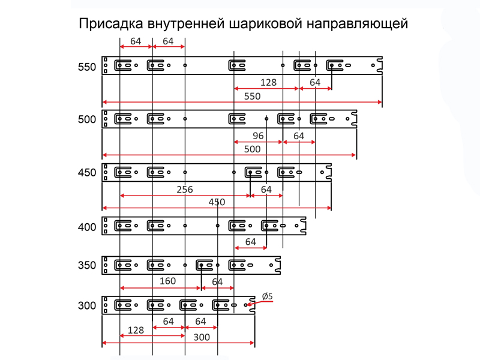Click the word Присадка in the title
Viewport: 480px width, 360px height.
pyautogui.click(x=111, y=24)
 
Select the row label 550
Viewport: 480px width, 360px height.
pyautogui.click(x=87, y=67)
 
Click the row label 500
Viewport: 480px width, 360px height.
pyautogui.click(x=87, y=119)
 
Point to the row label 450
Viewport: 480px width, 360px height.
pyautogui.click(x=87, y=173)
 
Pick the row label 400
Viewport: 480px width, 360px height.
pyautogui.click(x=87, y=227)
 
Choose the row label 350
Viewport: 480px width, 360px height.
pyautogui.click(x=87, y=265)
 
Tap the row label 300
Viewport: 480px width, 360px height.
pyautogui.click(x=87, y=305)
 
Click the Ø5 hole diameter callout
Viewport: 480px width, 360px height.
pyautogui.click(x=267, y=296)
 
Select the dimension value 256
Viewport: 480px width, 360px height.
pyautogui.click(x=185, y=190)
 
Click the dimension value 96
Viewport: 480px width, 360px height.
pyautogui.click(x=258, y=136)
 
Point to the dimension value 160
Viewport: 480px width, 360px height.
pyautogui.click(x=167, y=281)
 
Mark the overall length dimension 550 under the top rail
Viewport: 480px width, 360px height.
pyautogui.click(x=252, y=97)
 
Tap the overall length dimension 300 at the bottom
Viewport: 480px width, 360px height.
pyautogui.click(x=202, y=337)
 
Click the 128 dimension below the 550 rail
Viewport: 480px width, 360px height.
pyautogui.click(x=268, y=82)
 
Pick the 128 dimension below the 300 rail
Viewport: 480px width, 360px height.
pyautogui.click(x=136, y=331)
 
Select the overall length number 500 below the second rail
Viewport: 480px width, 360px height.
pyautogui.click(x=252, y=149)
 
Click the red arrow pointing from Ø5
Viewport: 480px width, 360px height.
pyautogui.click(x=260, y=303)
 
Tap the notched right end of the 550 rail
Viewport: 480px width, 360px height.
pyautogui.click(x=380, y=65)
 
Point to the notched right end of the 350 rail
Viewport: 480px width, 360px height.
pyautogui.click(x=278, y=265)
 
